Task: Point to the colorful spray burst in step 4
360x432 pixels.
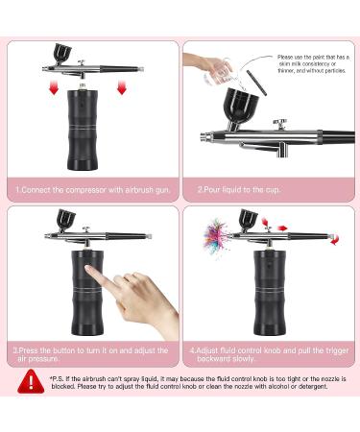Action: click(x=213, y=232)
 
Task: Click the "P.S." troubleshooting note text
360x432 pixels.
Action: click(x=197, y=385)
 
